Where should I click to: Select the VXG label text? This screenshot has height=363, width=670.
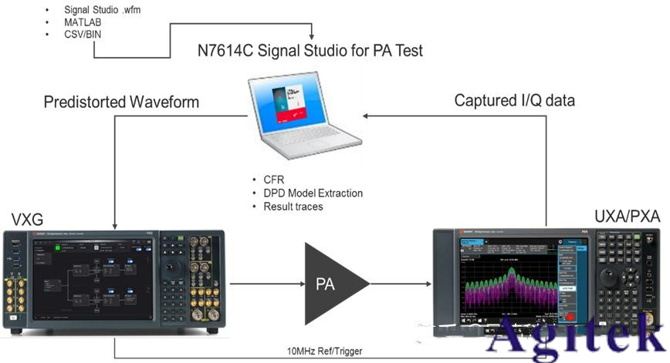(x=26, y=220)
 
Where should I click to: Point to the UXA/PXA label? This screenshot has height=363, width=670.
(x=627, y=217)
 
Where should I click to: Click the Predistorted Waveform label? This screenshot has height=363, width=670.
(x=121, y=102)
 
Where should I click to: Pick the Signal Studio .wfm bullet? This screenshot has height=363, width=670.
(x=102, y=10)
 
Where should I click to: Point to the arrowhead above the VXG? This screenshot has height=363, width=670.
(x=115, y=224)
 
